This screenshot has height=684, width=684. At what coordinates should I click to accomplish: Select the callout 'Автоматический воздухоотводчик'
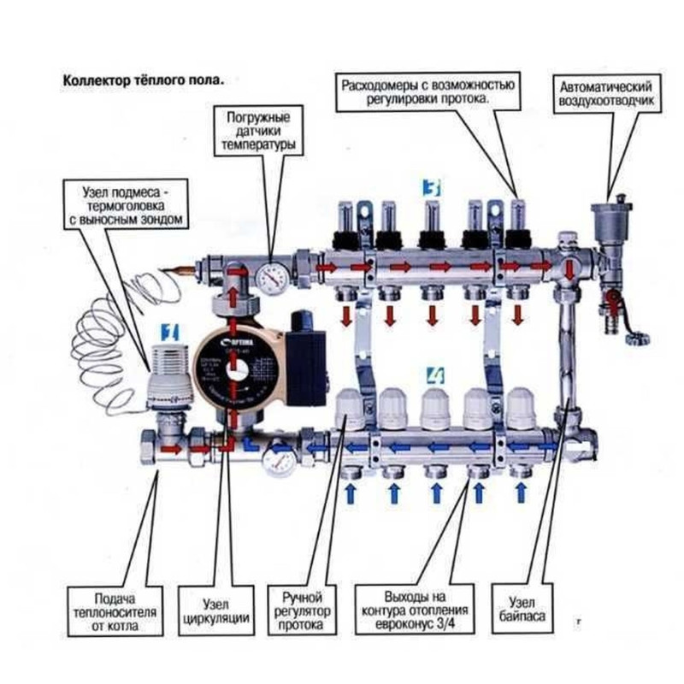tap(607, 94)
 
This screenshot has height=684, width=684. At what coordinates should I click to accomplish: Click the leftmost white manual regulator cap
tap(352, 406)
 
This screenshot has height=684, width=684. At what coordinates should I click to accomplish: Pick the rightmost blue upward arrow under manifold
tap(520, 494)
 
